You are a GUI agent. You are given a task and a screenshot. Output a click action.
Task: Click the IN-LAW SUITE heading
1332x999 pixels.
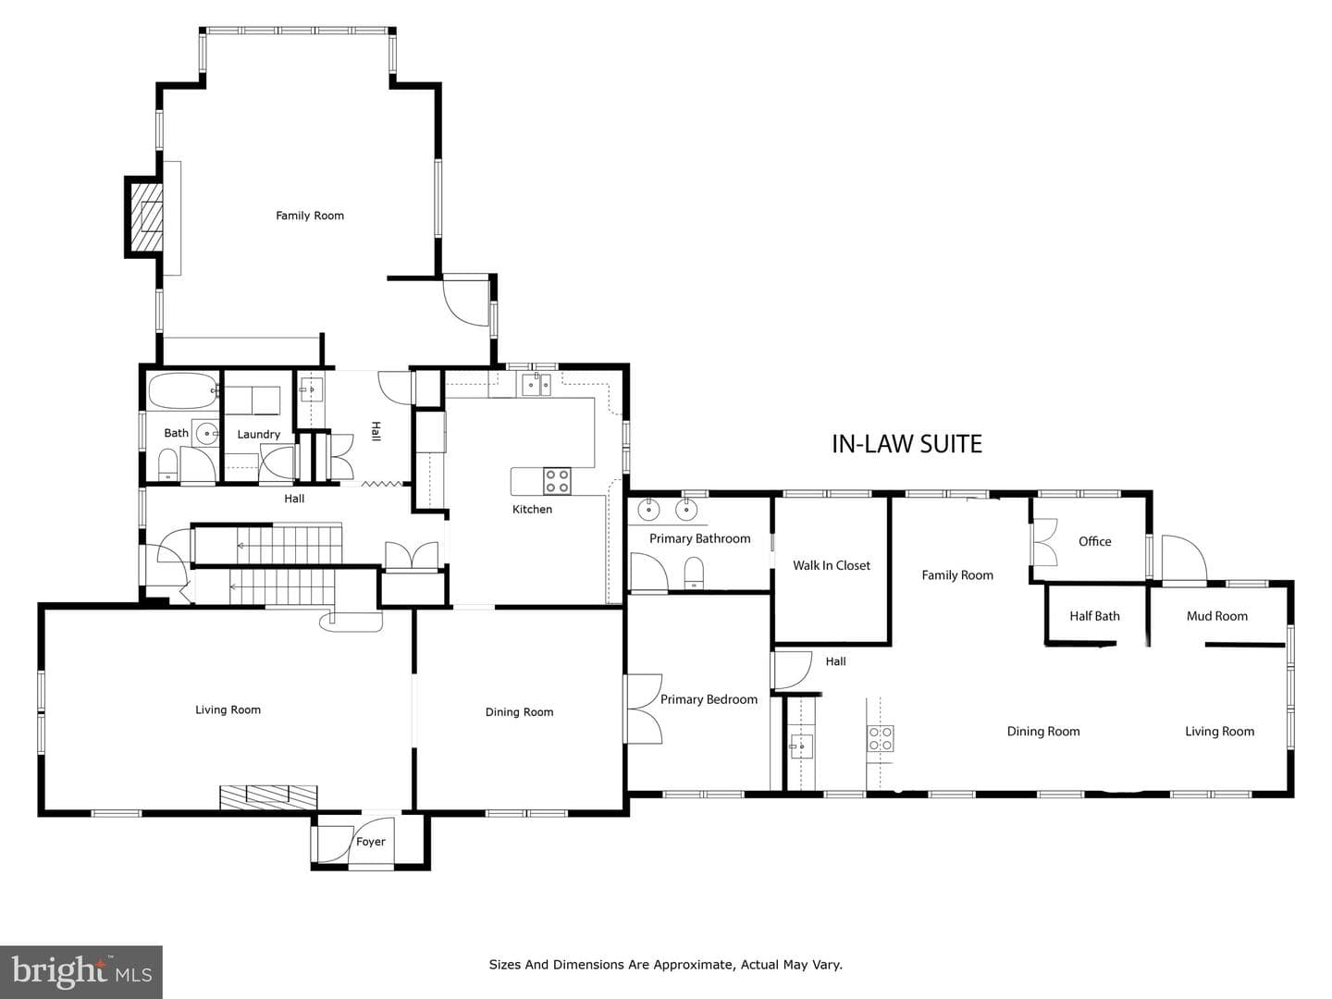tap(906, 444)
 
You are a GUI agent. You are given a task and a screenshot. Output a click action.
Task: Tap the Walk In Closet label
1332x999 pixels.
tap(832, 565)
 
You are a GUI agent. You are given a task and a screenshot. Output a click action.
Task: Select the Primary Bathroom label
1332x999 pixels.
tap(699, 538)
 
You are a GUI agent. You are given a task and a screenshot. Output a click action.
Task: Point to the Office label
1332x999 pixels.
tap(1094, 542)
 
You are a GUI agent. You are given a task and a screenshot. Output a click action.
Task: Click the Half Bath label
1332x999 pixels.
tap(1094, 616)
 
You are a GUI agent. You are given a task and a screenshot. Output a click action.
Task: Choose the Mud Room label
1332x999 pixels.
tap(1217, 616)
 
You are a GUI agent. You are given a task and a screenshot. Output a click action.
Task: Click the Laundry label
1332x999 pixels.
tap(258, 435)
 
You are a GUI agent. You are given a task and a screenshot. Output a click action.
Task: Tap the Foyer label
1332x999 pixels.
tap(370, 842)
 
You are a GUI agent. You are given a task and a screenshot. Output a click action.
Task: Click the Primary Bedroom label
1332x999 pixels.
tap(709, 699)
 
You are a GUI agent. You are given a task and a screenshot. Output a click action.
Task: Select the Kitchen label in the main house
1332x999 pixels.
tap(532, 510)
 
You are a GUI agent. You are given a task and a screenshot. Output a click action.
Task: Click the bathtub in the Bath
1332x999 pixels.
tap(183, 391)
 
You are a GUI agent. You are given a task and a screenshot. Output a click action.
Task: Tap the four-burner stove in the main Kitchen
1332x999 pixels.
tap(557, 480)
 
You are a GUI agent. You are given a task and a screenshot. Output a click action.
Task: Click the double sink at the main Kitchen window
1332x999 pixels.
tap(536, 385)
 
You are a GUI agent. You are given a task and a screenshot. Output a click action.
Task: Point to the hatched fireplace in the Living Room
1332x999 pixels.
tap(268, 797)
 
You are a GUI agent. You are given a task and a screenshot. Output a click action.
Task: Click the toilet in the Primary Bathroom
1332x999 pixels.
tap(694, 573)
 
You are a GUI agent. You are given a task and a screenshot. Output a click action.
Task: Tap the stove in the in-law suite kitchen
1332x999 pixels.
tap(881, 739)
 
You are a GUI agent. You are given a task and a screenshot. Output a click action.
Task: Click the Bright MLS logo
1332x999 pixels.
tap(81, 971)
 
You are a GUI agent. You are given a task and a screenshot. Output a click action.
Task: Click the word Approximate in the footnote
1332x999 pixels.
tap(698, 965)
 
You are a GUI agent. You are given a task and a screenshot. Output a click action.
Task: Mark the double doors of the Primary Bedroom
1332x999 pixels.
tap(644, 709)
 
